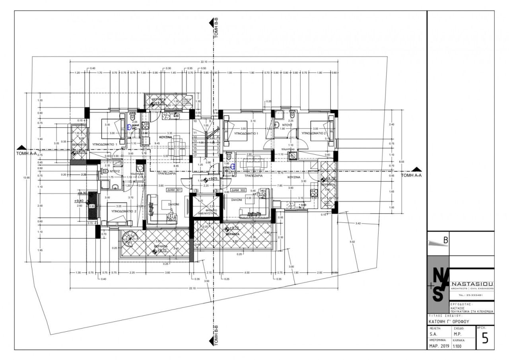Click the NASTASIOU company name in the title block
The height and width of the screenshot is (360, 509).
click(473, 283)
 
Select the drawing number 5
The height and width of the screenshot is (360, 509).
click(485, 338)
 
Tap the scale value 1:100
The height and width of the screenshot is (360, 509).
click(457, 346)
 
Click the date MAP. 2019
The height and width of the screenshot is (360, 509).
click(439, 346)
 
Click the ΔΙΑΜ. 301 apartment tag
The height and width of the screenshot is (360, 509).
click(174, 190)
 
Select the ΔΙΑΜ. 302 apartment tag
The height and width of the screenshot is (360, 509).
click(238, 190)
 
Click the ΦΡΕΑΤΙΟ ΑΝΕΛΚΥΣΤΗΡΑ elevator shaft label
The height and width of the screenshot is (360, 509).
click(206, 211)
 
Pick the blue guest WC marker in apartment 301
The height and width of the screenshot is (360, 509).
click(129, 127)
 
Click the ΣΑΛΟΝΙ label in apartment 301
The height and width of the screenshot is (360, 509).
click(172, 204)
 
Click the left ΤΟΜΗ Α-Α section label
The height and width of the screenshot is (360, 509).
click(26, 153)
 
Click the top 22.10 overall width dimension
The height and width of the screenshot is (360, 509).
click(204, 62)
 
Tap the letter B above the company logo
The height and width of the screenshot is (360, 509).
click(446, 240)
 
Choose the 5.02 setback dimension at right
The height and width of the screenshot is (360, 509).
click(351, 241)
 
